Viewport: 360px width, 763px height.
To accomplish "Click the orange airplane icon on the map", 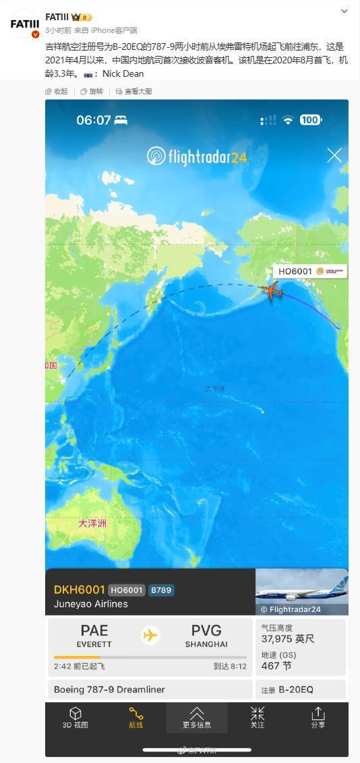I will coord(271,291).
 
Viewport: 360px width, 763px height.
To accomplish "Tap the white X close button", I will coord(334,155).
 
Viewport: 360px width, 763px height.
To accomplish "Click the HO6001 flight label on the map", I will coord(295,272).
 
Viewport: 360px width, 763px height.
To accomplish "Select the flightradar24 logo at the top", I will coord(197,157).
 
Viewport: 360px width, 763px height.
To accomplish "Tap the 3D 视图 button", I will coord(76,718).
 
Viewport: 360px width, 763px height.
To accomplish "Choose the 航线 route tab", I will coord(136,718).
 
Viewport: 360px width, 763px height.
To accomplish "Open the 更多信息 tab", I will coord(197,718).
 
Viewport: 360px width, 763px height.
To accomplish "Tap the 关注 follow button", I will coord(258,718).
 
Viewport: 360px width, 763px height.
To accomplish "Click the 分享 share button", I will coord(318,718).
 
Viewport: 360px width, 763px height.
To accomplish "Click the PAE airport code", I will coord(94,631).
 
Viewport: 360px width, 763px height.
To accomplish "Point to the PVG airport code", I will coord(206,631).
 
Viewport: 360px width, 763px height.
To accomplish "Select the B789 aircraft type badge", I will coord(161,590).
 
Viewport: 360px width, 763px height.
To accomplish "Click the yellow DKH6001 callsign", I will coord(79,590).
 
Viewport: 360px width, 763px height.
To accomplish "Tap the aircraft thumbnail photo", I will coord(302,591).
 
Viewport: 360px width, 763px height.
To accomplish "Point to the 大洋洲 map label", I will coord(92,523).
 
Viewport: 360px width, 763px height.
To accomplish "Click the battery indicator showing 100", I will coord(309,120).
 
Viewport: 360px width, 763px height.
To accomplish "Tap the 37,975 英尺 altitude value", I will coord(288,639).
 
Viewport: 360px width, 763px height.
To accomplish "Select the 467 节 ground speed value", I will coord(276,666).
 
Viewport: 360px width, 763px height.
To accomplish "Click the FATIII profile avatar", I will coord(25,24).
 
